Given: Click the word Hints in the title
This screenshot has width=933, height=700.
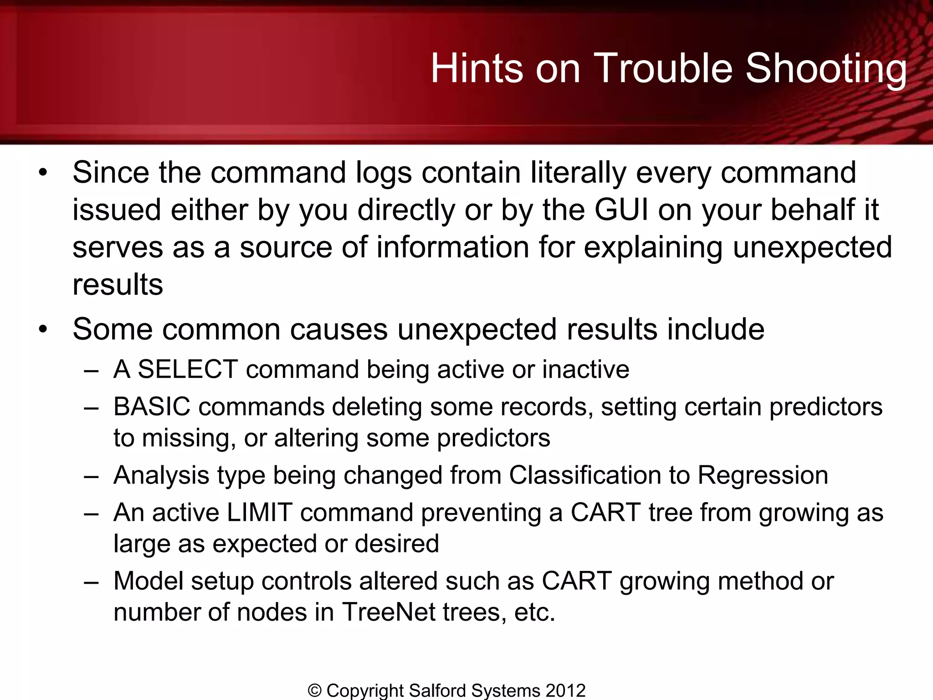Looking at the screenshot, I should (x=477, y=68).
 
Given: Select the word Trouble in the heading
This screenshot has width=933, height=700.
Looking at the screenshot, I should (x=663, y=68).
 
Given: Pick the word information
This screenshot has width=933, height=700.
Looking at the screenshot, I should (x=452, y=247).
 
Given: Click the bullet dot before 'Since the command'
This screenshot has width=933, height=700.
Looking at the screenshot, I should (x=43, y=173).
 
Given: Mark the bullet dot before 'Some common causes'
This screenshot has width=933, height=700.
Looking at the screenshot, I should (x=43, y=329).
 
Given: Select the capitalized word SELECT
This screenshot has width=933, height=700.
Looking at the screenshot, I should (x=188, y=369).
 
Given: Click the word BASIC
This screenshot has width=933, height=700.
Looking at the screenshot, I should (x=152, y=407).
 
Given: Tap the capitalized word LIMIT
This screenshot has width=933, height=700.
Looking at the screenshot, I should (x=259, y=512).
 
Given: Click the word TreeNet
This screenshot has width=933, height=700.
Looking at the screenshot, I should (x=389, y=612).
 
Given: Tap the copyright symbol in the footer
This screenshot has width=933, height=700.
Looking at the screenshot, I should (x=314, y=690).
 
